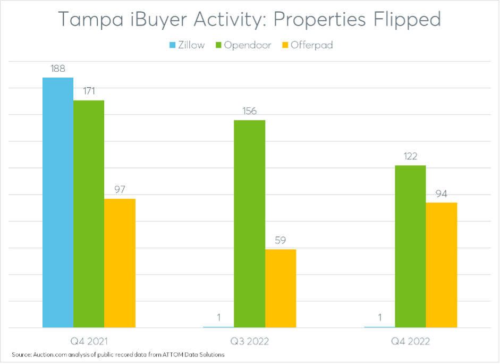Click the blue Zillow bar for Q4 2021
coord(58,202)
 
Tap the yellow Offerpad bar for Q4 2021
coord(120,263)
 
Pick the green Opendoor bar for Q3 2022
coord(249,224)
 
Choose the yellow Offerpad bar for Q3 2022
coord(281,289)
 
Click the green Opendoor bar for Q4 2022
coord(410,247)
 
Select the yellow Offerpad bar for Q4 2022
coord(442,265)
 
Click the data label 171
coord(89,91)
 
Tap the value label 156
coord(249,111)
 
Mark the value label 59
coord(281,240)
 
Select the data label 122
coord(410,156)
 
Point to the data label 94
coord(442,193)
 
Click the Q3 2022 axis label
coord(249,340)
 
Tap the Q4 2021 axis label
coord(89,340)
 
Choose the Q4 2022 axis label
coord(410,340)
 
